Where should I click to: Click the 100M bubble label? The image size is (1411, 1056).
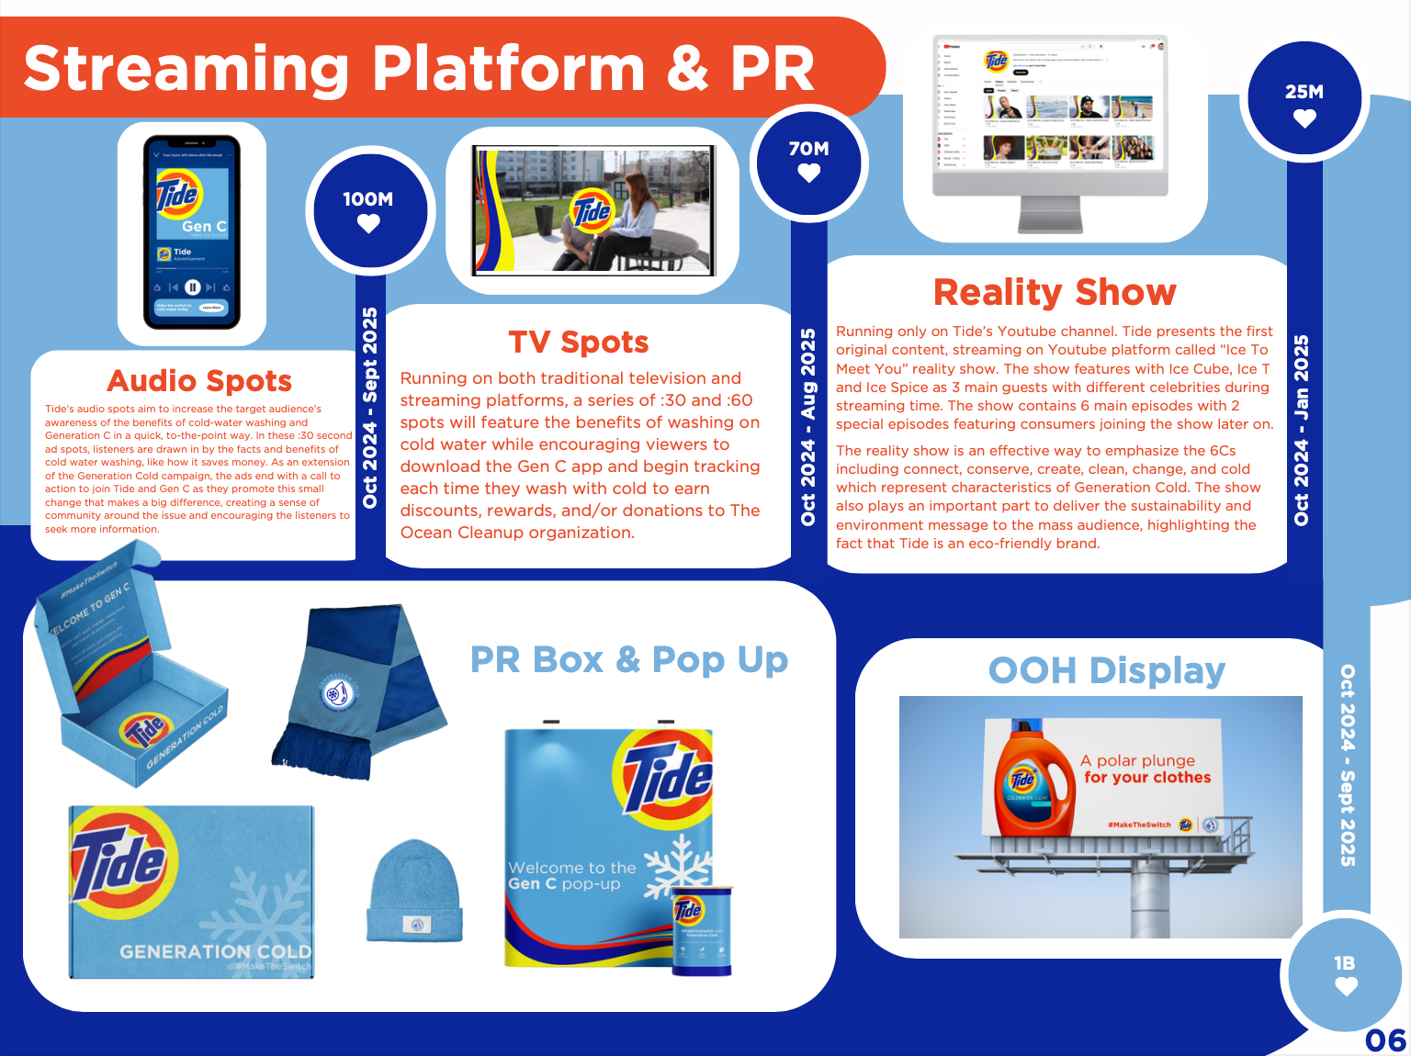[x=367, y=199]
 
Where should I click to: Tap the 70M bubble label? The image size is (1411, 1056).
[x=808, y=149]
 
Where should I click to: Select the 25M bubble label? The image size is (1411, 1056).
[x=1304, y=92]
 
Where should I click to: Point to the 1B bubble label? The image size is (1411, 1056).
[x=1344, y=963]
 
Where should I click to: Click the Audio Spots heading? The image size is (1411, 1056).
[x=199, y=380]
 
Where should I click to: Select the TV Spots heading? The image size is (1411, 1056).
[x=579, y=343]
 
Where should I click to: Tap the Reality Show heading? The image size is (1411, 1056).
[x=1055, y=292]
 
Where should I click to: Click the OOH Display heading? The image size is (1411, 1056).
[x=1106, y=671]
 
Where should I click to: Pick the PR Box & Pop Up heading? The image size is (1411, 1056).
[x=629, y=659]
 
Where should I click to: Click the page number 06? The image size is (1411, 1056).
[x=1385, y=1040]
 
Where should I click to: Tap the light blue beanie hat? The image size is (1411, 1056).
[x=414, y=891]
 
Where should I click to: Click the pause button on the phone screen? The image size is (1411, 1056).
[x=193, y=287]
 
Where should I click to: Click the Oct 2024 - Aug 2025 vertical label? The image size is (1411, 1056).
[x=808, y=427]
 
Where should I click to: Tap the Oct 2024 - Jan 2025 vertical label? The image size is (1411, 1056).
[x=1302, y=430]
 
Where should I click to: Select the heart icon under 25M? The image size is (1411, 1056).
[x=1304, y=118]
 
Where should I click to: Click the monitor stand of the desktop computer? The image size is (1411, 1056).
[x=1051, y=215]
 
